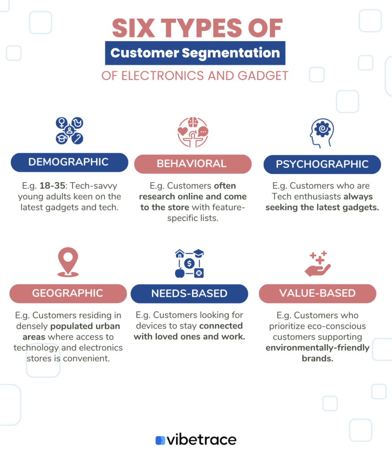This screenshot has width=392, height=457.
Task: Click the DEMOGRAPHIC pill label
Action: point(69,162)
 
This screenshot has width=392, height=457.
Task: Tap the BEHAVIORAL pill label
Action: point(193,164)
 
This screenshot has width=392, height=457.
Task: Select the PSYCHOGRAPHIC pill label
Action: point(322,164)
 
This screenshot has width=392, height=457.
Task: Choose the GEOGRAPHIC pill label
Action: point(68,294)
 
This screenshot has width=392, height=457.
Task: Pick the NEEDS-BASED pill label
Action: point(189,294)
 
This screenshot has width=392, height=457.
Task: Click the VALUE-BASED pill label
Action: point(317,294)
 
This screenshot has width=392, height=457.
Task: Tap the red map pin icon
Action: point(68,262)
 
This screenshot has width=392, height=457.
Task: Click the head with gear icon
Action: point(322,133)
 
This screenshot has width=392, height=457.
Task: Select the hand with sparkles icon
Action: point(317,264)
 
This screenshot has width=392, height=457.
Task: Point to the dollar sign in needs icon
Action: point(189,263)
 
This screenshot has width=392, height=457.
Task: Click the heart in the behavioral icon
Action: point(183,131)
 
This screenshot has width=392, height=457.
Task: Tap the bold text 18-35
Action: point(52,186)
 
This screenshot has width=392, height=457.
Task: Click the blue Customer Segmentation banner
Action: point(195,53)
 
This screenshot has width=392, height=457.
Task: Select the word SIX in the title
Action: point(133,28)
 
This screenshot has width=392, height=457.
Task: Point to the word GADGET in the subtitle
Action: point(263,76)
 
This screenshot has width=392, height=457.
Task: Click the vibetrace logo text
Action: point(201,440)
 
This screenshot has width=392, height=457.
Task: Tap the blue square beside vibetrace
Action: point(160,440)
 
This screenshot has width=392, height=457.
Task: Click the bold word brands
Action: point(317,358)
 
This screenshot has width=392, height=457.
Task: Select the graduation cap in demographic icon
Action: point(62,138)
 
